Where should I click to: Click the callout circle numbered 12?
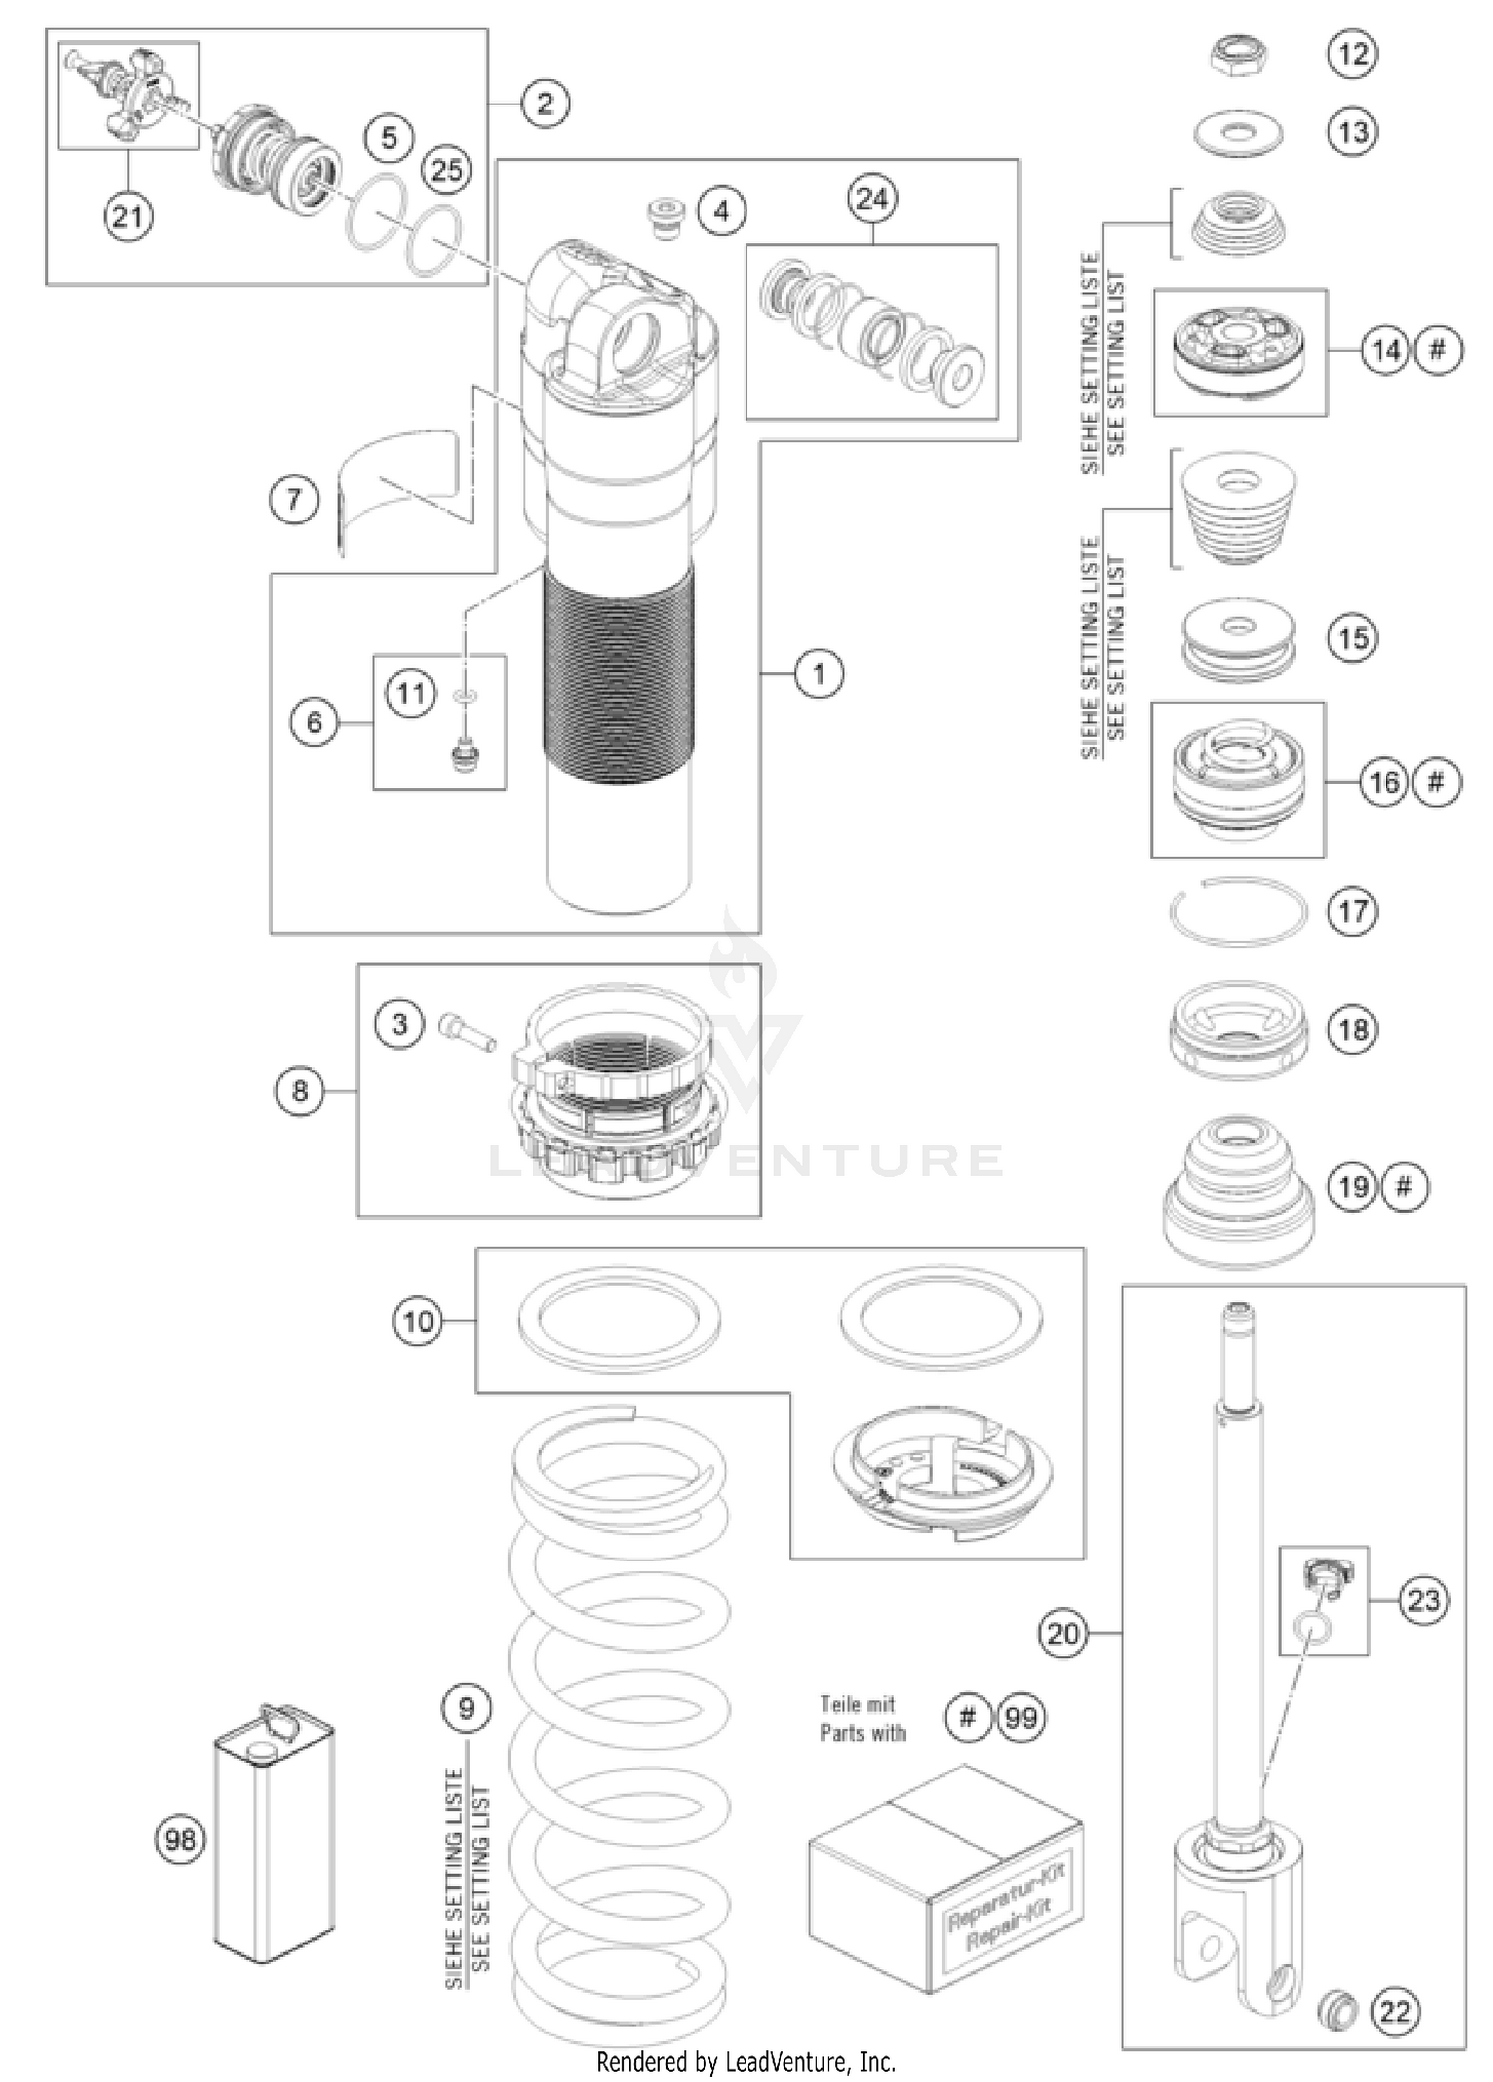[x=1353, y=53]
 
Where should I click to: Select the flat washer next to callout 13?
[x=1237, y=133]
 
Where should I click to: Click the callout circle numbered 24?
[x=872, y=199]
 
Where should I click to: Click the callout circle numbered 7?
[x=294, y=499]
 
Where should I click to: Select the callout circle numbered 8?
[x=300, y=1091]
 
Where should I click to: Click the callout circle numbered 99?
[x=1021, y=1717]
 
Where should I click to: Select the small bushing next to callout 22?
[x=1335, y=2010]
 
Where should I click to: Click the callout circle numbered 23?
[x=1423, y=1600]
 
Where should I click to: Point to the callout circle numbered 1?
[x=819, y=674]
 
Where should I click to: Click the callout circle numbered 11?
[x=411, y=693]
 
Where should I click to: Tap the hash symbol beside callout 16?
[x=1435, y=782]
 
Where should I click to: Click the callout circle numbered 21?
[x=128, y=215]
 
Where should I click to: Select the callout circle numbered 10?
[x=418, y=1321]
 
